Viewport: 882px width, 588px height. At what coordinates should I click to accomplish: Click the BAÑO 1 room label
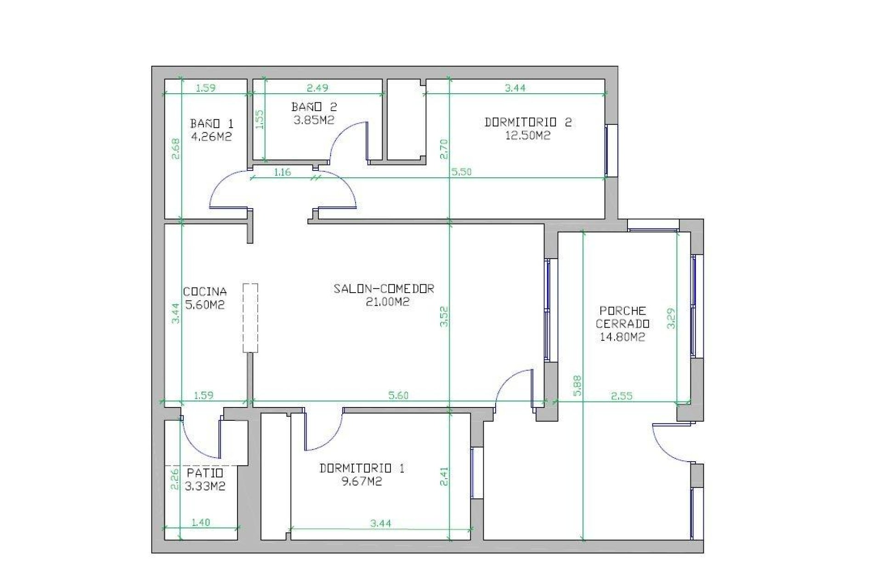coord(212,124)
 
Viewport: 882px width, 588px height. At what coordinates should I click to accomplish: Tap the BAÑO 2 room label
coord(314,107)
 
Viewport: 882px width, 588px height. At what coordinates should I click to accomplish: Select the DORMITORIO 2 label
coord(528,122)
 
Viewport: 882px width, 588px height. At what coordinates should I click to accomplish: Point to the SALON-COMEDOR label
coord(384,288)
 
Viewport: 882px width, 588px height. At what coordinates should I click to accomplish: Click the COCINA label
coord(205,291)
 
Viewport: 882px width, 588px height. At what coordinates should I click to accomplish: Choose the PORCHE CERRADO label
coord(622,317)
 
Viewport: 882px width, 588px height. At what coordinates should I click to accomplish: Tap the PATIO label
coord(205,473)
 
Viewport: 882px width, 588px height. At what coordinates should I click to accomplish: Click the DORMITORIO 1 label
coord(362,468)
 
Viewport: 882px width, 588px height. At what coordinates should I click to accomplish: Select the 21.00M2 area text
coord(388,302)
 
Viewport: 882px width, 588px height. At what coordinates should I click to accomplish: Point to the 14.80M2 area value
coord(622,337)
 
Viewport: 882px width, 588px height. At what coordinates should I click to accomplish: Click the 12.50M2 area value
coord(528,136)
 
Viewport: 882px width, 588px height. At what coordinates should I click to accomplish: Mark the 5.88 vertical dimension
coord(578,385)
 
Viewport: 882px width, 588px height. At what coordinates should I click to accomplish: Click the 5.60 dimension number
coord(398,395)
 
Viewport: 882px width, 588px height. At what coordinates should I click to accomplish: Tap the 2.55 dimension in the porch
coord(622,396)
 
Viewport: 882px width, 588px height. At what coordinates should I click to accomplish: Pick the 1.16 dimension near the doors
coord(282,172)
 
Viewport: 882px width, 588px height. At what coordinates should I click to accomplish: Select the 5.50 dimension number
coord(461,172)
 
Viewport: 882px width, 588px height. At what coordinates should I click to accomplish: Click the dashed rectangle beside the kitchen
coord(250,318)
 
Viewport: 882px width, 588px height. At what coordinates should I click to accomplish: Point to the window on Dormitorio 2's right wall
coord(611,150)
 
